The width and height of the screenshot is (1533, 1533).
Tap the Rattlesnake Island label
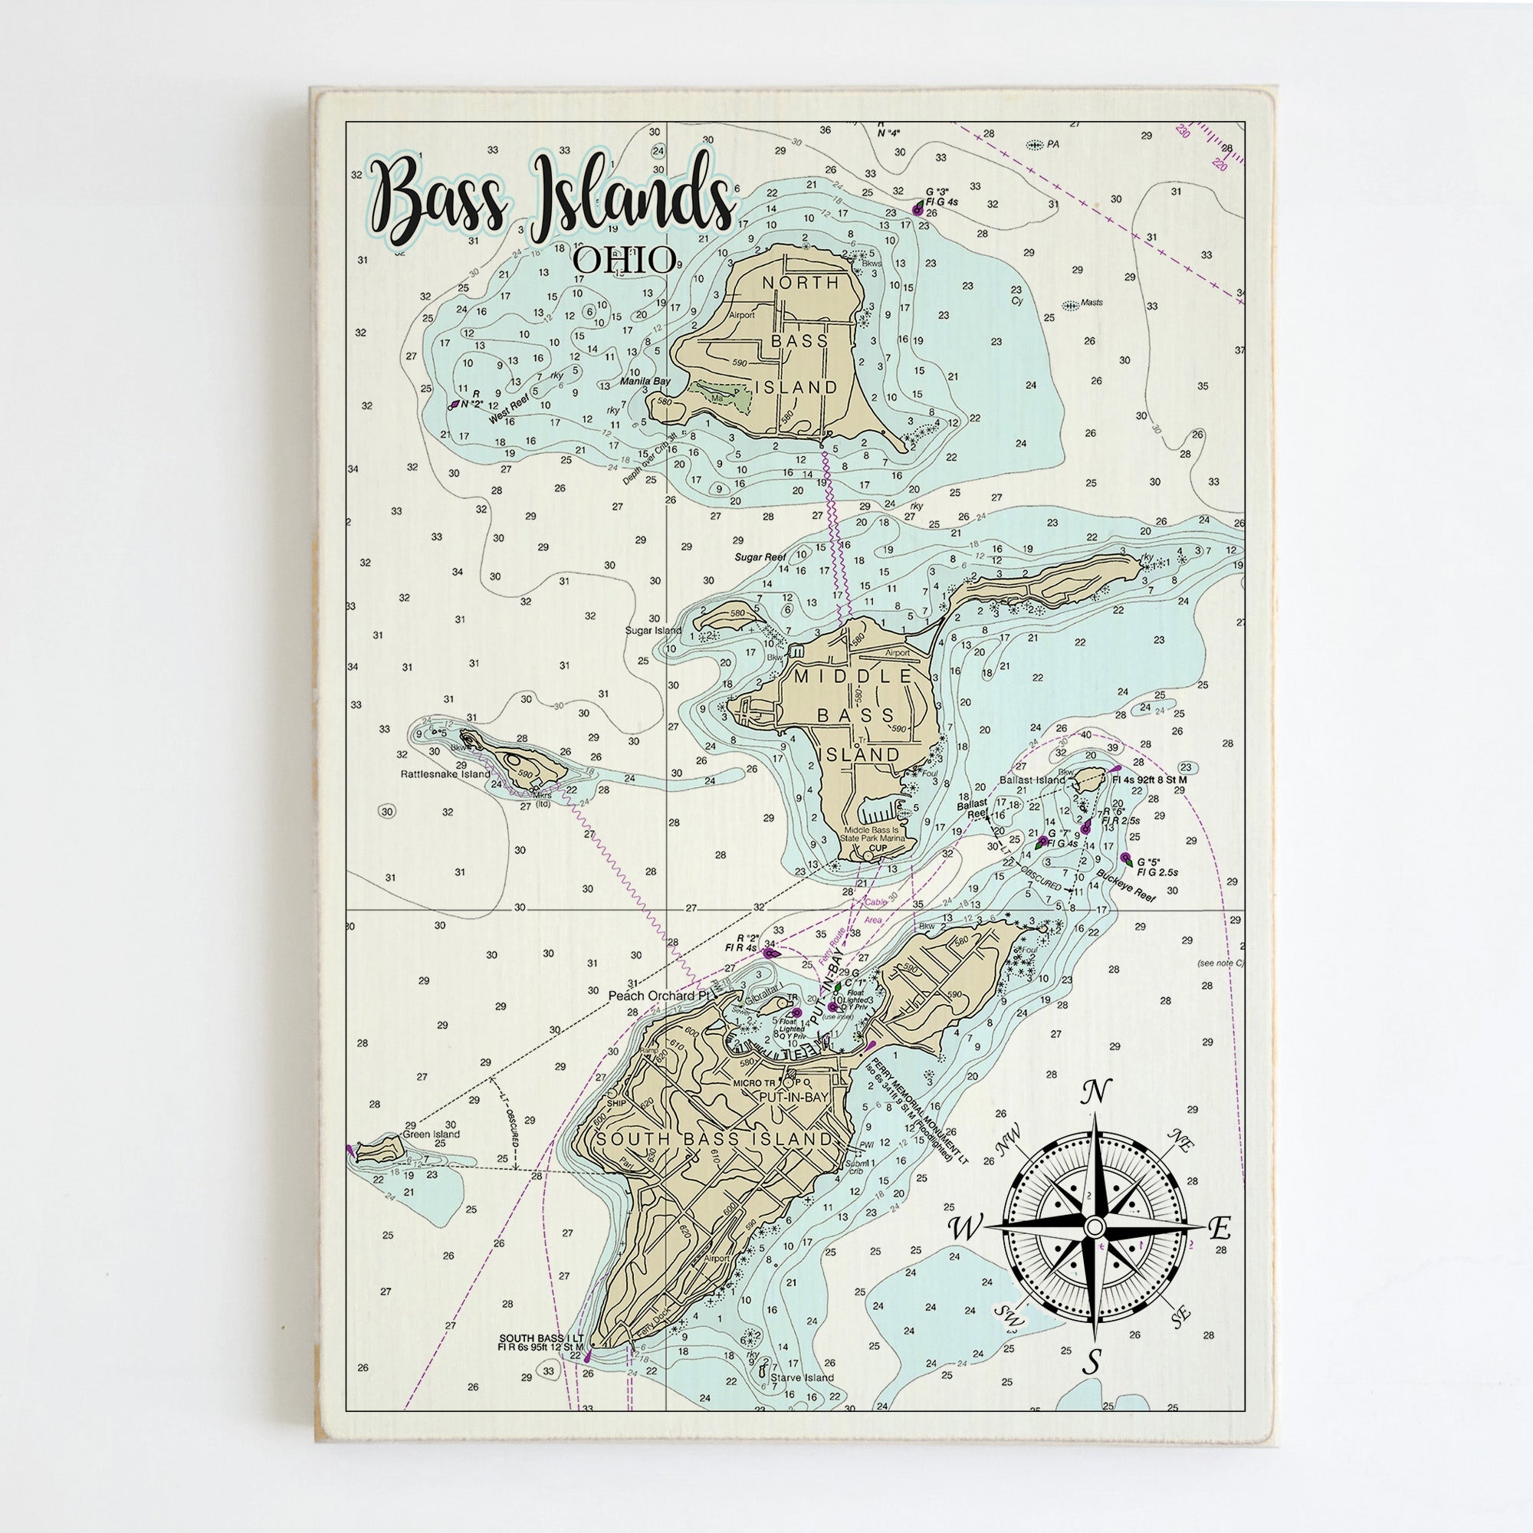445,774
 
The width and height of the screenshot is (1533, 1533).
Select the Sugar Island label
654,631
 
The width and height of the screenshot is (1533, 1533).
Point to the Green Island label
431,1134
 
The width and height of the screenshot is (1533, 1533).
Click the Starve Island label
803,1377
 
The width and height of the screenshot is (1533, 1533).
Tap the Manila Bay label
645,381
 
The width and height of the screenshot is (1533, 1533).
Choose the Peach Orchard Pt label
658,995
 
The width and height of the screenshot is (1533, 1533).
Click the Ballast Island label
1032,780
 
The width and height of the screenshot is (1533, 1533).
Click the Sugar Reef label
760,557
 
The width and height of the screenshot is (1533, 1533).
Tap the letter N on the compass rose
1095,1092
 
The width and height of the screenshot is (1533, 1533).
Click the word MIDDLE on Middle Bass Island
853,677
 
